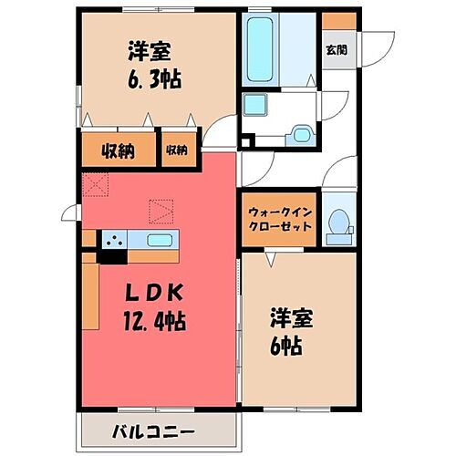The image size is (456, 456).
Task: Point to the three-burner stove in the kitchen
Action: (x=115, y=241)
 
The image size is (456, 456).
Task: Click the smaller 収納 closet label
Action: (x=176, y=150)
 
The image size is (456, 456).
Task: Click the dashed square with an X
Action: (x=95, y=186)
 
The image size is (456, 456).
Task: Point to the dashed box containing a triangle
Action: (x=161, y=212)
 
